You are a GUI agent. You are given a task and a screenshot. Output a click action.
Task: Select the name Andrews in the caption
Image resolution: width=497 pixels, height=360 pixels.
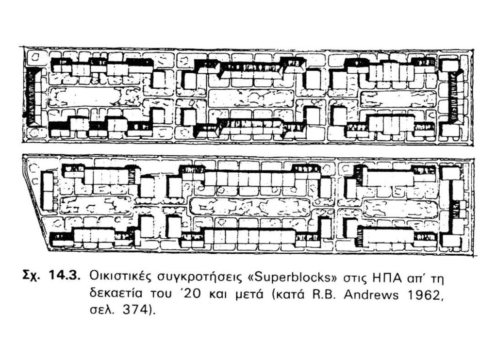[371, 295]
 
